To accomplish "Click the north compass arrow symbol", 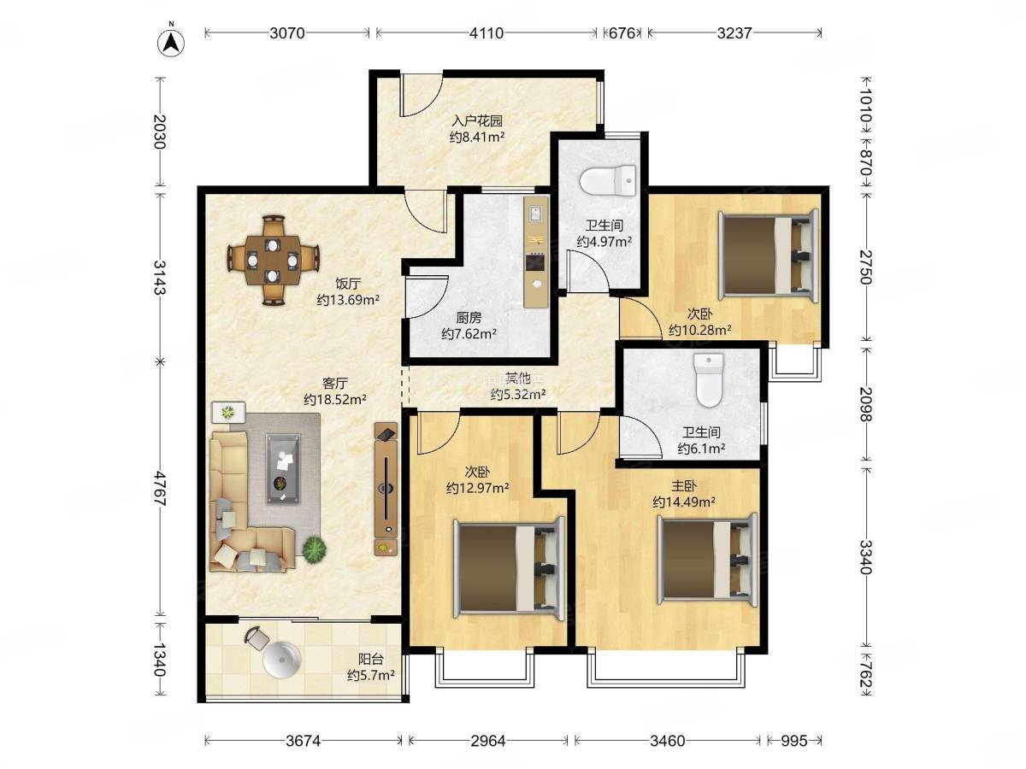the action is coord(171,43).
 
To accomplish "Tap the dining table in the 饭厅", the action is coord(273,260).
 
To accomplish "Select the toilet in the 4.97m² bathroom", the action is coord(608,181).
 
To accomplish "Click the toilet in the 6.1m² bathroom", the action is coord(709,379).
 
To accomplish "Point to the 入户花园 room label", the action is coord(477,121).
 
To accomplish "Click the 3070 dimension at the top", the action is coord(287,33).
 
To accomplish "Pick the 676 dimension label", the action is coord(622,33).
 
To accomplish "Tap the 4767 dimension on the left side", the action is coord(161,488).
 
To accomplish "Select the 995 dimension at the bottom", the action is coord(794,741).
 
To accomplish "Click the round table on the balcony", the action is coord(281,660).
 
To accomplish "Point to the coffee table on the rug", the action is coord(283,468).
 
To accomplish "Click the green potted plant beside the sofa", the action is coord(314,549).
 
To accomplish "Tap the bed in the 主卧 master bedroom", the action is coord(707,560).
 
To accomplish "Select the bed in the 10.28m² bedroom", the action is coord(769,254).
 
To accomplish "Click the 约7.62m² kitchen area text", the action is coord(469,334).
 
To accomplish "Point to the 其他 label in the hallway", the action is coord(518,378).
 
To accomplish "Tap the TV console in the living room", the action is coord(386,489).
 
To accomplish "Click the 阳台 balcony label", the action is coord(371,660).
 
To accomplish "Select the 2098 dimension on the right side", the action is coord(865,404).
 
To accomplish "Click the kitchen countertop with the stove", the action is coord(536,252).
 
